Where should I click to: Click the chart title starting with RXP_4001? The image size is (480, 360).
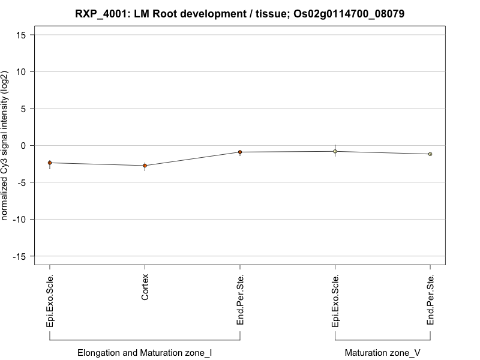point(240,13)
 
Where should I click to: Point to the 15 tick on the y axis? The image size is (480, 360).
point(21,35)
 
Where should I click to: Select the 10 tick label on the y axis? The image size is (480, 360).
point(21,72)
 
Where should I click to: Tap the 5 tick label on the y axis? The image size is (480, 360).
point(23,109)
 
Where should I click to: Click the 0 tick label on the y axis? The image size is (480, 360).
point(23,146)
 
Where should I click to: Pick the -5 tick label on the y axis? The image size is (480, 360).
point(22,182)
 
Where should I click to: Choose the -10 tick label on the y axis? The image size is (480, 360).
point(19,220)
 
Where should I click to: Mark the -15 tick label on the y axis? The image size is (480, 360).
point(19,256)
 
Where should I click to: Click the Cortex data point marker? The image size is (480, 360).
point(145,166)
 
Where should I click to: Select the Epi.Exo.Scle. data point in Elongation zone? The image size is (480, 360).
point(50,163)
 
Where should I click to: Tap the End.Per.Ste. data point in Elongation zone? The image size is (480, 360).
point(240,152)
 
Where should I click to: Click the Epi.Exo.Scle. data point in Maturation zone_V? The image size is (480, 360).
point(335,151)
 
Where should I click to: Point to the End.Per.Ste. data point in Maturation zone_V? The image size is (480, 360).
point(430,154)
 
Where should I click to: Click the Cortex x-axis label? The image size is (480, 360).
point(145,287)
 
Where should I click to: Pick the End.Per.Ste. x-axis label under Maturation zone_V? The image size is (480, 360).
point(431,300)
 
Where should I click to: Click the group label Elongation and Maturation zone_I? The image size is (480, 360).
point(145,353)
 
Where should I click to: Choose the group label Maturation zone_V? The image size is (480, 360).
point(382,353)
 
